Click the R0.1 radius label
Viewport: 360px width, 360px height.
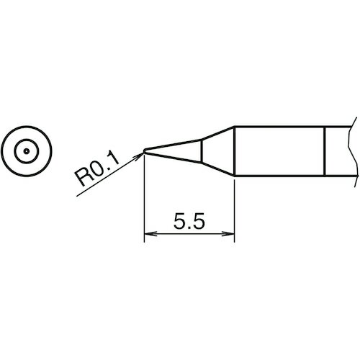(97, 168)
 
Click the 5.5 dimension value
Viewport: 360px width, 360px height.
(189, 221)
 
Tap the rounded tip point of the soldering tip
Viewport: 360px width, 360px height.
(144, 151)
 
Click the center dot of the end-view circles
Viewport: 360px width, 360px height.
(27, 151)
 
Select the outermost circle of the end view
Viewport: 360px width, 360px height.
(27, 126)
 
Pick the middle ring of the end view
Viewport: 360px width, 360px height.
(27, 140)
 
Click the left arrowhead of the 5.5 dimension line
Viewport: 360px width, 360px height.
(150, 233)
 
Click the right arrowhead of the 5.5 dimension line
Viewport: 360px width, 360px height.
(228, 233)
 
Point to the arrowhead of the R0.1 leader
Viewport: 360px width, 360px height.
(139, 156)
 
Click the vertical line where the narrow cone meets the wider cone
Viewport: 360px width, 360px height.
(202, 151)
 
